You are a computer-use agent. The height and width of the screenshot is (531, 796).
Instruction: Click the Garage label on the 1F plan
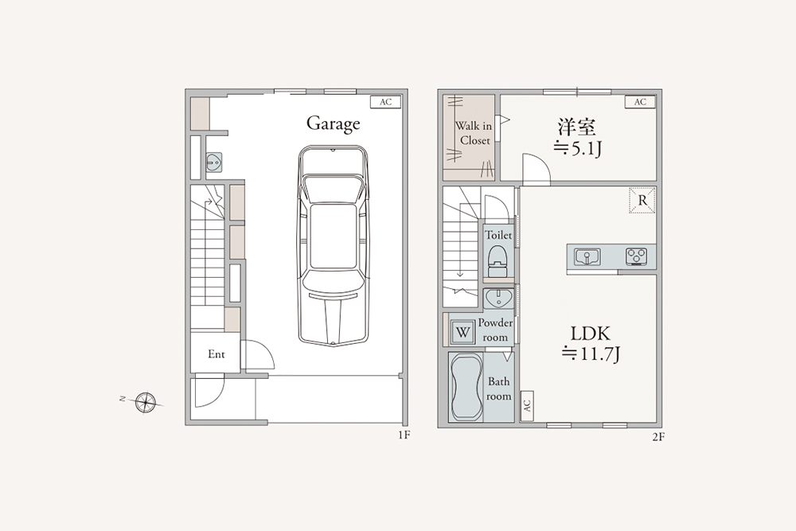coord(333,124)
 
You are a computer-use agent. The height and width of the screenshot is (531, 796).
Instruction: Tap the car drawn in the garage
coord(333,246)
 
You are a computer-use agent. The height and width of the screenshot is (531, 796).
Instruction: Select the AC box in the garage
coord(386,102)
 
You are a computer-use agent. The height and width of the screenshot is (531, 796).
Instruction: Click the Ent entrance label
coord(217,354)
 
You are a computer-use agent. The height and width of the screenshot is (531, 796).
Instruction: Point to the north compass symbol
coord(146,402)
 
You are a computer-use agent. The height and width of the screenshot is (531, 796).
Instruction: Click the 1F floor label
coord(404,435)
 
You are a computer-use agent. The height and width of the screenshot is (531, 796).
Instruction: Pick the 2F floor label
coord(658,436)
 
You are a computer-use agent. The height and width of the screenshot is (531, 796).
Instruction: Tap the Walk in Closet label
coord(473,133)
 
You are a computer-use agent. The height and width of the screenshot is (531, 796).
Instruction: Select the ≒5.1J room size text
coord(577,148)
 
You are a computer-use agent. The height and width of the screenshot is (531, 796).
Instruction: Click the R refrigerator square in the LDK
coord(642,201)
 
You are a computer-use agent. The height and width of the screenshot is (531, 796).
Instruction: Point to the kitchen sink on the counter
coord(587,257)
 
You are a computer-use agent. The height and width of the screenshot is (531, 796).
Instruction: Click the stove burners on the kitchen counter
coord(636,256)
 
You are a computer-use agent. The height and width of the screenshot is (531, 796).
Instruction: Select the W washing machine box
coord(462,333)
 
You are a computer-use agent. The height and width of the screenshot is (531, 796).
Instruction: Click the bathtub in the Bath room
coord(466,388)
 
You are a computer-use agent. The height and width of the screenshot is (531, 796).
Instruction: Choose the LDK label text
coord(591,334)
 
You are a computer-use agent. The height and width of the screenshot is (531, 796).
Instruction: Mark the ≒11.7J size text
coord(591,353)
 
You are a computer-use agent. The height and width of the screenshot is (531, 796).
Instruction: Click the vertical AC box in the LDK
coord(526,405)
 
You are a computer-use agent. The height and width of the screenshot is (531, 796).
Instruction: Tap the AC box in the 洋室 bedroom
coord(640,102)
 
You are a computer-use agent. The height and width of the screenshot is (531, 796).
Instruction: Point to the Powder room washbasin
coord(498,299)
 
